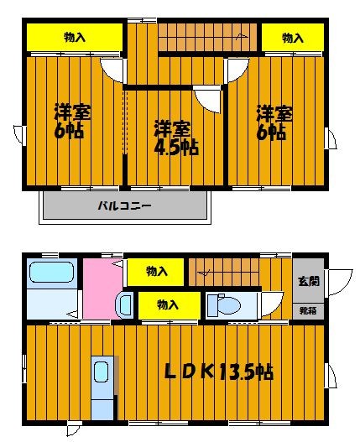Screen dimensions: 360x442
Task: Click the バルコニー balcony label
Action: [x=124, y=205]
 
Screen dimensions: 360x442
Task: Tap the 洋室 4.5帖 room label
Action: [x=176, y=138]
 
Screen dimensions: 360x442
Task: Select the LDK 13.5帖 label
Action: [x=219, y=372]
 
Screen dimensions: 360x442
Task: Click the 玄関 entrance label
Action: [x=309, y=281]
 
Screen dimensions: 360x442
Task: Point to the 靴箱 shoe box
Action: [x=308, y=311]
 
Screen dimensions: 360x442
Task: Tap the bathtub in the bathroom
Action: [x=52, y=272]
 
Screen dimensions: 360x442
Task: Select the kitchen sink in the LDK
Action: [x=101, y=372]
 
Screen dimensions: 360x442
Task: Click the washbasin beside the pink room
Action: [x=125, y=305]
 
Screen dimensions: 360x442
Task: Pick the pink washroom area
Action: [x=102, y=289]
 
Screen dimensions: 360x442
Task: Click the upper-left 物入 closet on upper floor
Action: [x=75, y=37]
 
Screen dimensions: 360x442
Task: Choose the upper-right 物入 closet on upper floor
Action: [x=293, y=38]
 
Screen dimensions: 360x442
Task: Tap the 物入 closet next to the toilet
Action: [x=170, y=305]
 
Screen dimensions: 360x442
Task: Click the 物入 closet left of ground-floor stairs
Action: [x=155, y=272]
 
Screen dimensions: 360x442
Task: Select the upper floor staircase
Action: [x=207, y=37]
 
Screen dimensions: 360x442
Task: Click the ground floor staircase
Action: [x=224, y=272]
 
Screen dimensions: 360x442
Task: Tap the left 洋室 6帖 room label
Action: [x=71, y=122]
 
